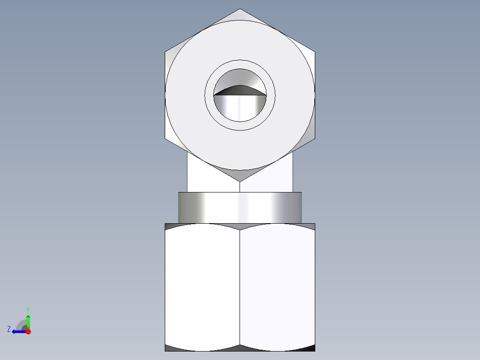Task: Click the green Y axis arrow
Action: click(x=28, y=320)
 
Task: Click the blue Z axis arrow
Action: click(x=18, y=331)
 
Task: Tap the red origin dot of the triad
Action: click(x=28, y=331)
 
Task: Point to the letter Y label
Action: click(x=28, y=309)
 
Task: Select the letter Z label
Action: click(x=9, y=329)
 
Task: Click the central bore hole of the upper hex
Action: click(x=240, y=107)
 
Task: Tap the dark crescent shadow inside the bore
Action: click(x=240, y=90)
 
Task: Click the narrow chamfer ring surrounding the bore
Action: click(x=240, y=64)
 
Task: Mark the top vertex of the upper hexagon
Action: click(x=240, y=9)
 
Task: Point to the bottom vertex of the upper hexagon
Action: click(x=240, y=181)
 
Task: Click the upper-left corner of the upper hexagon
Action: click(x=165, y=52)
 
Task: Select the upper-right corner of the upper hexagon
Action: click(x=315, y=52)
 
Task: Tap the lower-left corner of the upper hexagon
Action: click(x=165, y=138)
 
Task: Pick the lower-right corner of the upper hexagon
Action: click(x=315, y=138)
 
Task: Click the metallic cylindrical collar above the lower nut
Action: click(x=240, y=208)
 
